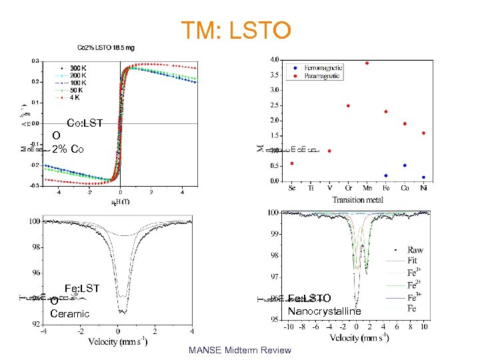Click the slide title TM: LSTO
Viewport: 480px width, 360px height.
pyautogui.click(x=236, y=30)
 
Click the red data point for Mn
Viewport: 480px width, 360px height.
pyautogui.click(x=367, y=63)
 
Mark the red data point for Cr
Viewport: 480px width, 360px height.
pyautogui.click(x=348, y=105)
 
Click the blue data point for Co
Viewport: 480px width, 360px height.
pyautogui.click(x=405, y=165)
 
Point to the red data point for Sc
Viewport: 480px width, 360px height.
pyautogui.click(x=292, y=163)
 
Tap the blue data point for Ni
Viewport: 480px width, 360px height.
pyautogui.click(x=423, y=177)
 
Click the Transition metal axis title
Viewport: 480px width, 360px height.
pyautogui.click(x=358, y=199)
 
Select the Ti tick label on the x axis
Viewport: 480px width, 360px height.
pyautogui.click(x=311, y=189)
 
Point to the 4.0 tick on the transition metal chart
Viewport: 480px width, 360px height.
pyautogui.click(x=274, y=60)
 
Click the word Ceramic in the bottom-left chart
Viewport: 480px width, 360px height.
pyautogui.click(x=69, y=314)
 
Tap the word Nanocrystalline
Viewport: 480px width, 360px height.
pyautogui.click(x=324, y=311)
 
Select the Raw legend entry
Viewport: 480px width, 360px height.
pyautogui.click(x=415, y=250)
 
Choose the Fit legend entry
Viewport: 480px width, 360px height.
pyautogui.click(x=414, y=261)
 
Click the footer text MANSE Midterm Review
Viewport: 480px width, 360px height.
pyautogui.click(x=240, y=350)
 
